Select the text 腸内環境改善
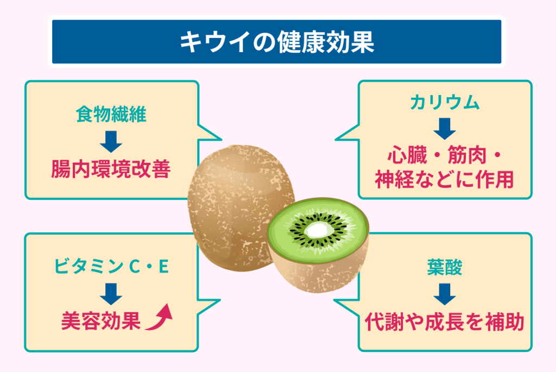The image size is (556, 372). point(111,169)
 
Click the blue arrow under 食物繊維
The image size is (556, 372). point(111,142)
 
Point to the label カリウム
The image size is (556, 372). point(445,103)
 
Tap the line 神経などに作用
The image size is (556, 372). point(445,180)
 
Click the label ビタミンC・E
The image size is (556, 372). point(111,267)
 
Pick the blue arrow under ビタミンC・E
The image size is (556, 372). point(111,293)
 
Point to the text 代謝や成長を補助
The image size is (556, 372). point(445,322)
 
